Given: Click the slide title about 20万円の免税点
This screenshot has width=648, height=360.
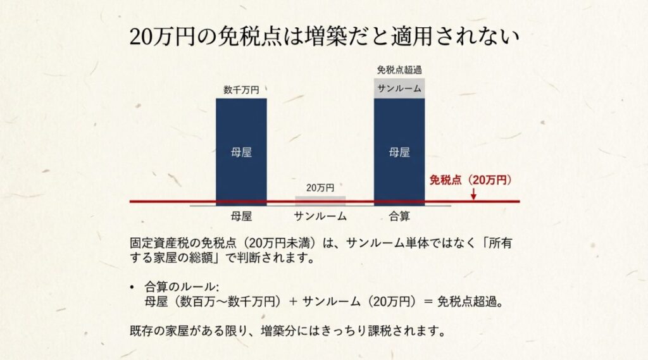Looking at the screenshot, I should pos(323,36).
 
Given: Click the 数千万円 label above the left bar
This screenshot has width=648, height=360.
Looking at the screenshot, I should pos(241,90).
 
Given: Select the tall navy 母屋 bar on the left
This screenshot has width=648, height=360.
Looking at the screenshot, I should pos(241,152).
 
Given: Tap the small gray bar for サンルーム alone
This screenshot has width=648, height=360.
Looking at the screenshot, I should pos(320,199).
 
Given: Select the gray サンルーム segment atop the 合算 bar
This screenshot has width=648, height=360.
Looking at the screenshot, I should pos(399,89).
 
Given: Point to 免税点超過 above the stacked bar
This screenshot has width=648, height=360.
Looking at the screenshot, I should pos(399,70).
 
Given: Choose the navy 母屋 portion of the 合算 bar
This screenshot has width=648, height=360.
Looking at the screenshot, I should pos(399,152).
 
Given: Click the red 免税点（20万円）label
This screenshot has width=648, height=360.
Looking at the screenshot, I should pos(471,180).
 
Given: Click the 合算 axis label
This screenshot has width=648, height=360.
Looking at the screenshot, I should pos(399,216).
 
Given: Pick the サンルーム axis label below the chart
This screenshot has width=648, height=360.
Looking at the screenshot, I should pos(320,216).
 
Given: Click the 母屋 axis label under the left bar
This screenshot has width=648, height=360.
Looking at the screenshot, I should pos(242,216).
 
